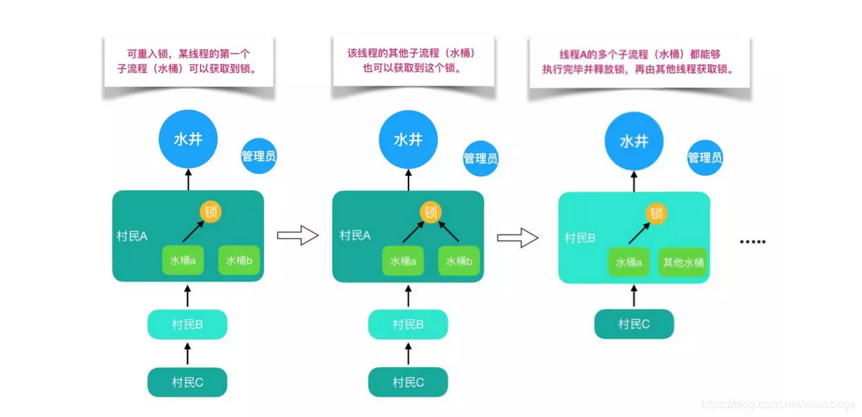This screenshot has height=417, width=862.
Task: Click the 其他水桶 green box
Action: click(683, 263)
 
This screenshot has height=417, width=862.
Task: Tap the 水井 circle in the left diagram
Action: click(188, 138)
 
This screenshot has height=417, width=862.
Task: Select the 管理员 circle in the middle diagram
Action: click(481, 159)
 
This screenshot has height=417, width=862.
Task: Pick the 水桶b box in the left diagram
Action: click(239, 260)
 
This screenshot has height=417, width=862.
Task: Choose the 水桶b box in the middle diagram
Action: click(460, 261)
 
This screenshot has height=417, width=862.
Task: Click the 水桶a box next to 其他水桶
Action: click(629, 263)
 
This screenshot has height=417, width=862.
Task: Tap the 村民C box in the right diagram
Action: click(634, 324)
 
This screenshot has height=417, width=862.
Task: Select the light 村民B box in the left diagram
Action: click(187, 324)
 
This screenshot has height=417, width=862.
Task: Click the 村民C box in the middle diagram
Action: click(408, 383)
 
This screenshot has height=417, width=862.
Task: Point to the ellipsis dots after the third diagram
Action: click(752, 242)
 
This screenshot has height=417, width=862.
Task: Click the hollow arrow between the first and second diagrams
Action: click(298, 235)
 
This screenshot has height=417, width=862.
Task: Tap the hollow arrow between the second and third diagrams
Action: click(517, 238)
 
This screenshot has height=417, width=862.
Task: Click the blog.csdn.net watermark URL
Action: click(778, 404)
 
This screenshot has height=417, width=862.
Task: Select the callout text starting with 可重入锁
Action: click(188, 61)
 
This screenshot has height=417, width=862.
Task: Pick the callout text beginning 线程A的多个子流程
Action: click(638, 62)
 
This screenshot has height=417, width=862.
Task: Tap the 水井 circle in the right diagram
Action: click(634, 140)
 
